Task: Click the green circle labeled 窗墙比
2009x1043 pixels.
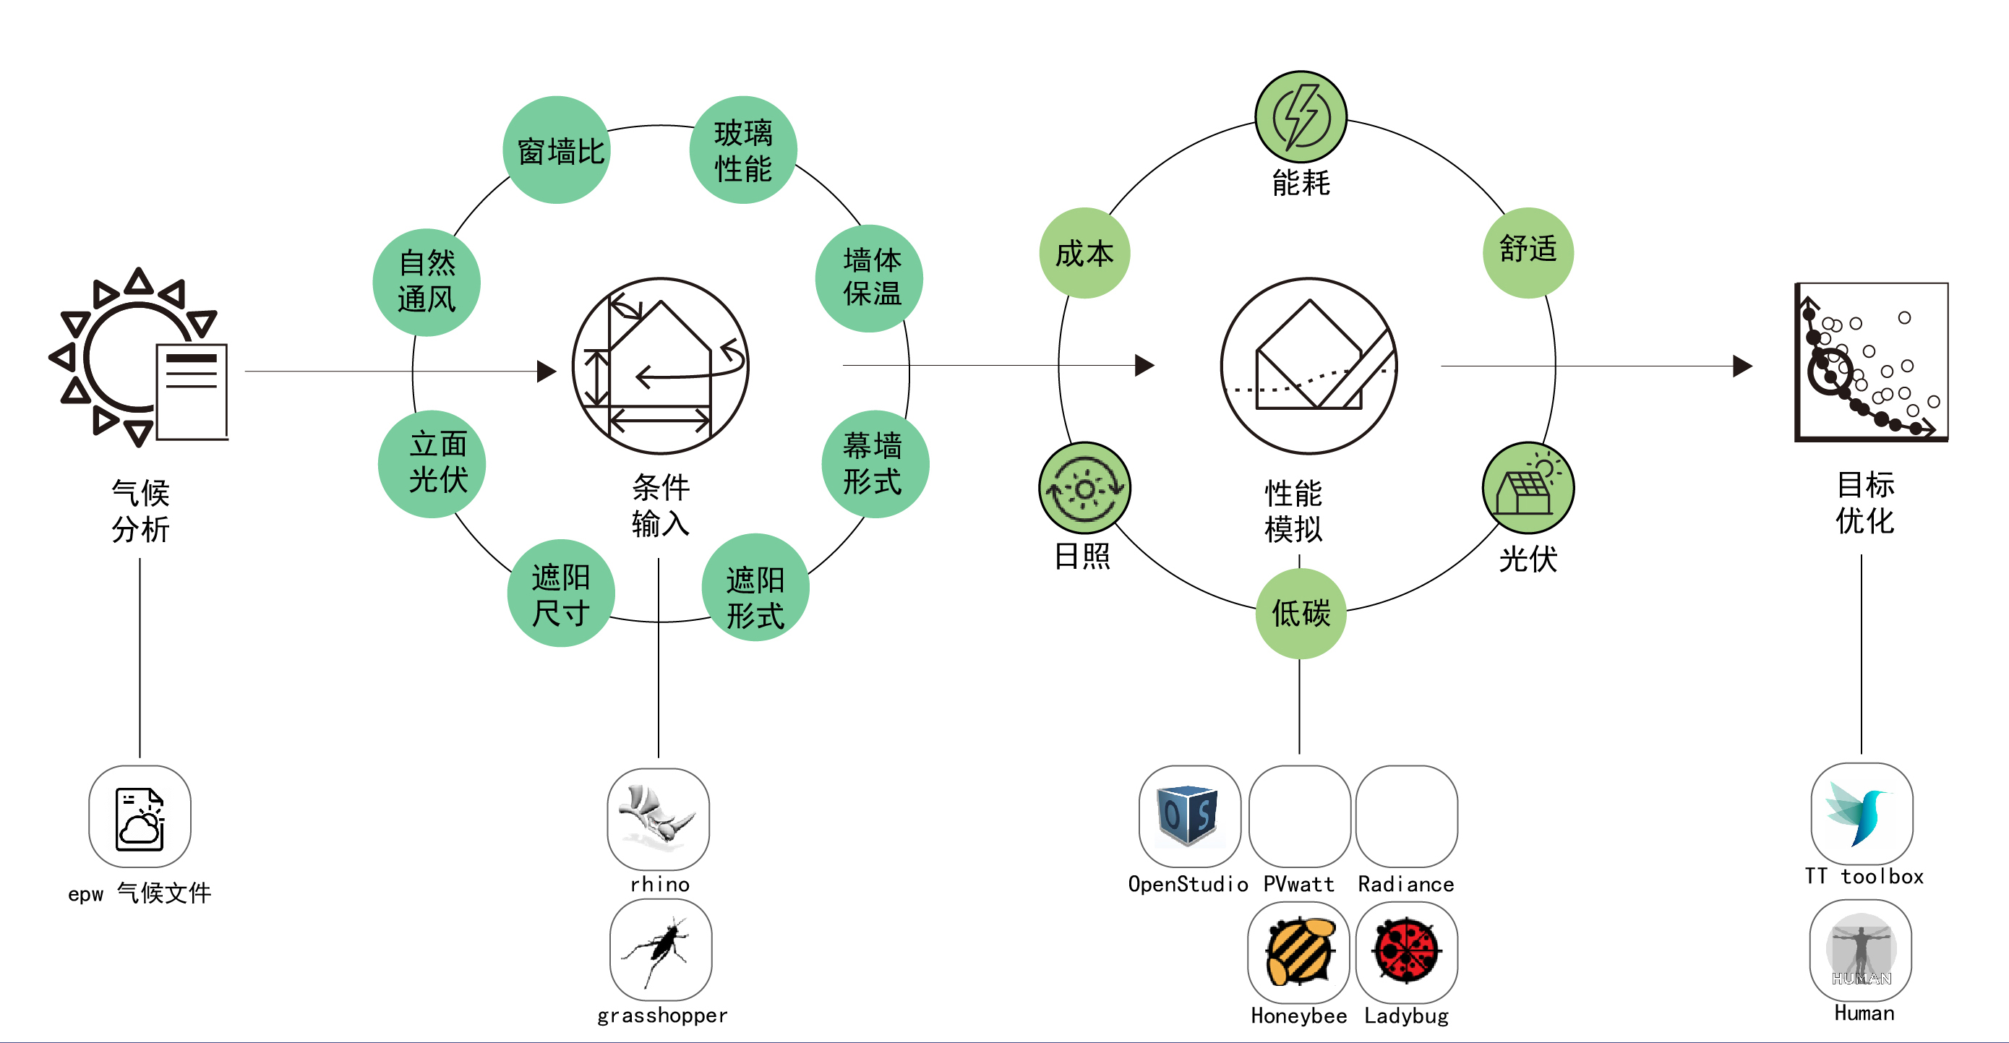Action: pyautogui.click(x=556, y=150)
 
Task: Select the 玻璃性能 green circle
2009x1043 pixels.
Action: pyautogui.click(x=742, y=150)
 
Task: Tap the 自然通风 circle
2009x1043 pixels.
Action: pyautogui.click(x=426, y=281)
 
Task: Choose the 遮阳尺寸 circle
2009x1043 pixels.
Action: pyautogui.click(x=561, y=593)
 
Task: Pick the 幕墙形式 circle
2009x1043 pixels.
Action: pyautogui.click(x=875, y=464)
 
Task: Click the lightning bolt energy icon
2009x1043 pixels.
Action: pyautogui.click(x=1300, y=117)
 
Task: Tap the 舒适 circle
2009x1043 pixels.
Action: pyautogui.click(x=1527, y=251)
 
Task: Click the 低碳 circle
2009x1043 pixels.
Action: pyautogui.click(x=1300, y=614)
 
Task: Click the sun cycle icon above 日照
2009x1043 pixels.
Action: pyautogui.click(x=1084, y=489)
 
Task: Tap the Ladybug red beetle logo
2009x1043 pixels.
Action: pyautogui.click(x=1406, y=952)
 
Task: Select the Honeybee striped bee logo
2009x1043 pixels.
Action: pyautogui.click(x=1298, y=952)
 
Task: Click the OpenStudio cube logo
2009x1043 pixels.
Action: pyautogui.click(x=1188, y=815)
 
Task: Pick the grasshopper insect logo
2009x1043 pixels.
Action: pyautogui.click(x=660, y=950)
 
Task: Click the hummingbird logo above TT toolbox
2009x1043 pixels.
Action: pyautogui.click(x=1861, y=814)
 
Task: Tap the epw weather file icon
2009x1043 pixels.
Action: pyautogui.click(x=140, y=816)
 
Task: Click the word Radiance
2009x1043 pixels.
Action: pyautogui.click(x=1405, y=884)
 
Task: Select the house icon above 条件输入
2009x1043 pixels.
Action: pyautogui.click(x=660, y=366)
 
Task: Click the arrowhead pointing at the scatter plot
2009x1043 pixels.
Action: pyautogui.click(x=1742, y=366)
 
